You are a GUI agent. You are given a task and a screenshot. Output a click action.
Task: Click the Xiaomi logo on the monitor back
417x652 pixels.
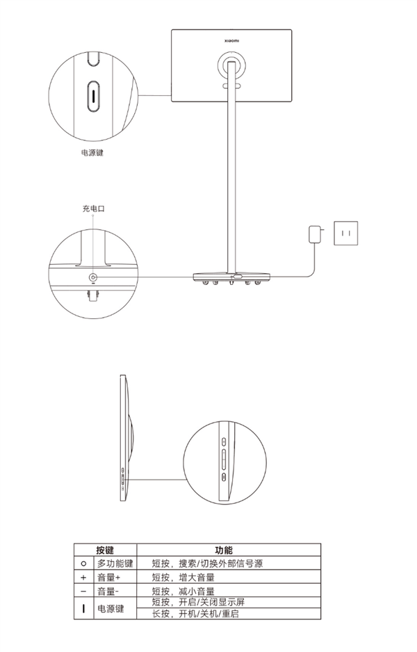231,41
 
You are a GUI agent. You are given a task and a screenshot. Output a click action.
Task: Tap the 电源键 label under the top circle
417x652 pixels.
92,153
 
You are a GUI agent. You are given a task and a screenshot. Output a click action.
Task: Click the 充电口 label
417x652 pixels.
93,209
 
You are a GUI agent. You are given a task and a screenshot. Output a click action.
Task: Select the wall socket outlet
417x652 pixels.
345,233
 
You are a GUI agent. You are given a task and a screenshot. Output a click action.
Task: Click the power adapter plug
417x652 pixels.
314,234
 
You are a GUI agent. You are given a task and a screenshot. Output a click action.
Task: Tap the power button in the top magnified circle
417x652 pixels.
94,96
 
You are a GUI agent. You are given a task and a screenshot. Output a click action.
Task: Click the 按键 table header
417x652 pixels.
105,550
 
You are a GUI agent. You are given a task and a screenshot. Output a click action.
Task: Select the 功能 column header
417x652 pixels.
224,550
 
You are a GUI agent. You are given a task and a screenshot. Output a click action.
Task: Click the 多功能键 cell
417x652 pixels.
115,564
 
